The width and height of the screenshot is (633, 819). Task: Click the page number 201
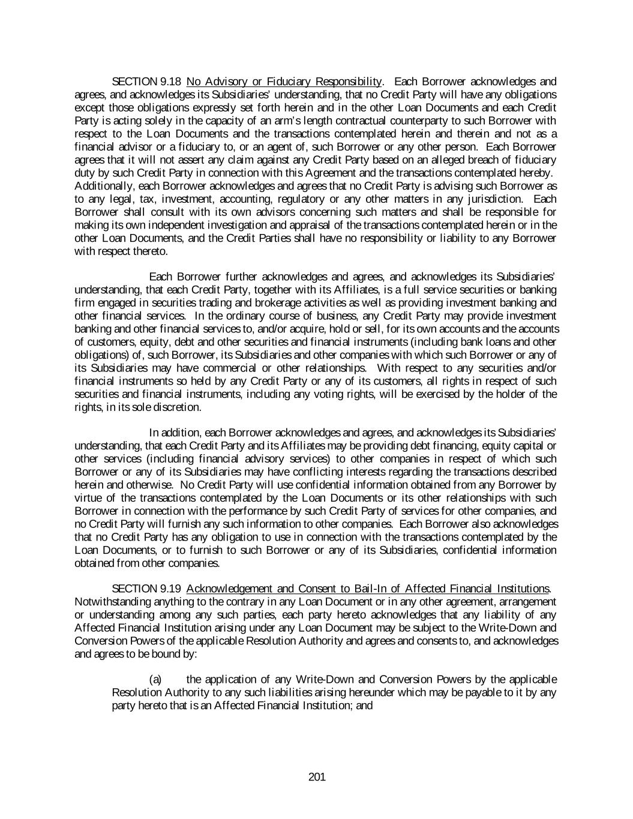click(317, 777)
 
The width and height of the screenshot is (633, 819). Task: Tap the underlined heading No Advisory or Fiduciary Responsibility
click(284, 82)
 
